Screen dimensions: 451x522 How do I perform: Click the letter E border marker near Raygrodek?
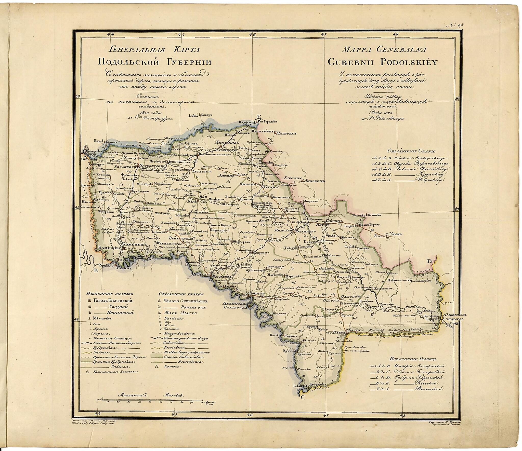259,117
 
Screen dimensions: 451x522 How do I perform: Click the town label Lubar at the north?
193,115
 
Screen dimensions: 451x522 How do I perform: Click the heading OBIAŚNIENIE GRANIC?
407,151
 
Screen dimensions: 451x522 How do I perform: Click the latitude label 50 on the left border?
78,97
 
